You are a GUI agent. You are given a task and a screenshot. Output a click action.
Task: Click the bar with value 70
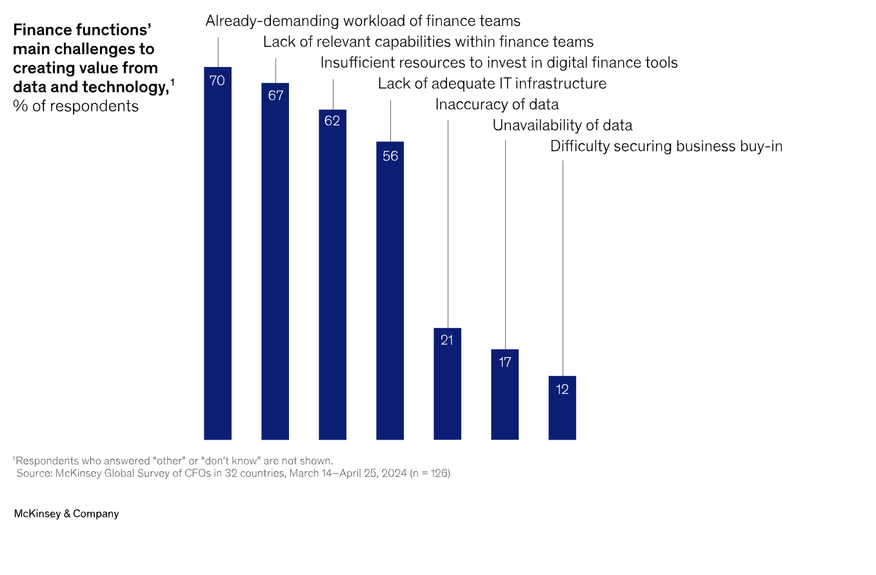pyautogui.click(x=217, y=258)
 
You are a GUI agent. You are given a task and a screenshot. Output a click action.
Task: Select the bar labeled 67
pyautogui.click(x=275, y=264)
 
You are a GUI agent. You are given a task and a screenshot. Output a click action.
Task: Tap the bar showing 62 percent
pyautogui.click(x=332, y=277)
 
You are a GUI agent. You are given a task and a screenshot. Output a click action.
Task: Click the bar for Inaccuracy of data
pyautogui.click(x=447, y=387)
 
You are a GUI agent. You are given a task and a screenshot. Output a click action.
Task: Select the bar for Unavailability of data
pyautogui.click(x=504, y=396)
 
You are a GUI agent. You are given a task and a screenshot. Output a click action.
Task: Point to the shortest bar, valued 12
pyautogui.click(x=562, y=409)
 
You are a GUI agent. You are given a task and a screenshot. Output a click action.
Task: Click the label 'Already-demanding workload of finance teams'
pyautogui.click(x=363, y=21)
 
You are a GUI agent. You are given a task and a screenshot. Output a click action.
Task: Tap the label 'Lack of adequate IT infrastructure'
pyautogui.click(x=492, y=83)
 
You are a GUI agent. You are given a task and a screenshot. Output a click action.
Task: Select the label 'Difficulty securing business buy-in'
pyautogui.click(x=666, y=146)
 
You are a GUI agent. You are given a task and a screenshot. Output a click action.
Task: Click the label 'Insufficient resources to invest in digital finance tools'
pyautogui.click(x=499, y=63)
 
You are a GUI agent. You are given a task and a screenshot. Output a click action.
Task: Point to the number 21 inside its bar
pyautogui.click(x=447, y=340)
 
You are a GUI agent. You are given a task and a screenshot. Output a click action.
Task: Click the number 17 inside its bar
pyautogui.click(x=504, y=362)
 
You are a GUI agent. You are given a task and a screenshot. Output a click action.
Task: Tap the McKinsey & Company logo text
pyautogui.click(x=66, y=514)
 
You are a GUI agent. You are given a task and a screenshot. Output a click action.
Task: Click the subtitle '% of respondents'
pyautogui.click(x=75, y=106)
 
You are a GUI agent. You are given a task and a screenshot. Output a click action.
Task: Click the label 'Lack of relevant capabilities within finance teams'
pyautogui.click(x=428, y=42)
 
